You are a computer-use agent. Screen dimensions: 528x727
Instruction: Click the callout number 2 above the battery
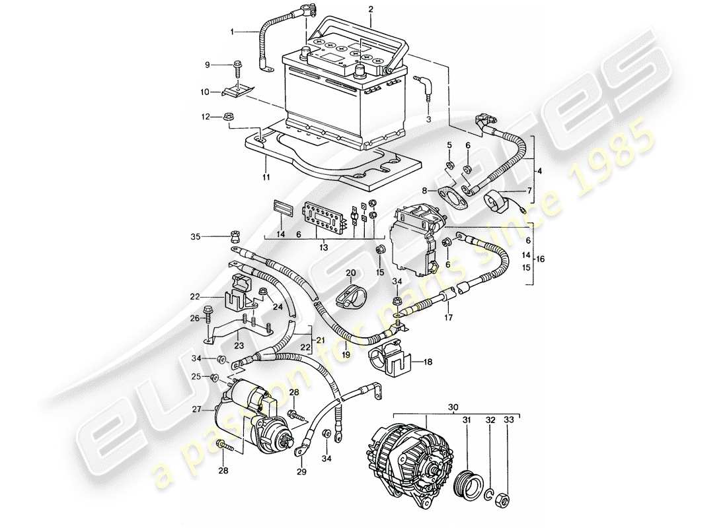[x=370, y=9]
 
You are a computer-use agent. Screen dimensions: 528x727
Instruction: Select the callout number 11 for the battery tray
[x=265, y=178]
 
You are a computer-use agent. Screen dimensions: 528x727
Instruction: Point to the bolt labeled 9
[x=236, y=65]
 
